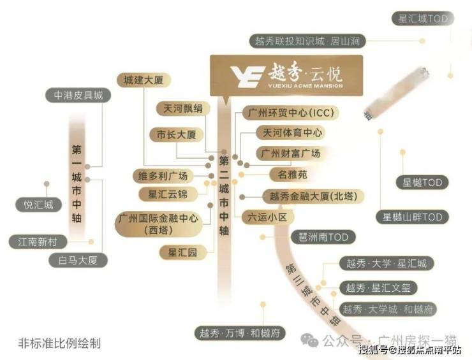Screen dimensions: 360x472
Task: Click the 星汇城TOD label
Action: [423, 19]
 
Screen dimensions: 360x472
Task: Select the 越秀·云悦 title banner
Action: [286, 75]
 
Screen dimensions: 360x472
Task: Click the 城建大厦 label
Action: [140, 80]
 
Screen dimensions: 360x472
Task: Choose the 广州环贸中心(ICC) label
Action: [290, 113]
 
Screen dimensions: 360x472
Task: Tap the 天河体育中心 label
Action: [290, 133]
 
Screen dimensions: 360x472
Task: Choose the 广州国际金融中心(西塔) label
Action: [158, 224]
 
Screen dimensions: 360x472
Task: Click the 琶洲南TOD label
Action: [323, 238]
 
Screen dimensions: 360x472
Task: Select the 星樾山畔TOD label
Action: [412, 217]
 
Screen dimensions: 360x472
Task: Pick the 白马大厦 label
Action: [78, 260]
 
